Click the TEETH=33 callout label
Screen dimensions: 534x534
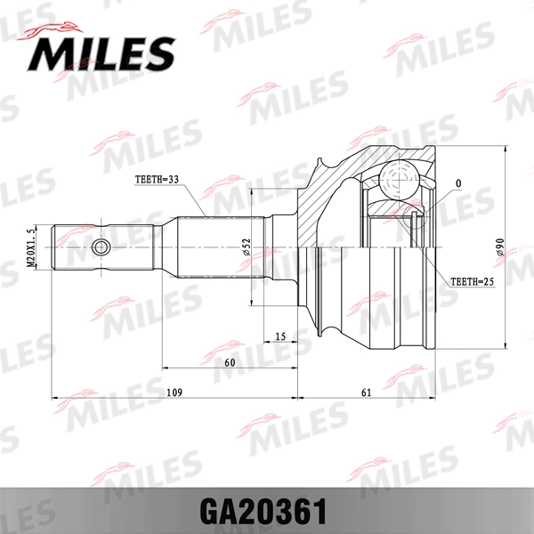pos(157,179)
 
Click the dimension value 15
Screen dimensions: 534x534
pos(280,336)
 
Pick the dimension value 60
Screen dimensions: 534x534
pos(229,363)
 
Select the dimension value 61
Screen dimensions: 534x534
pos(366,392)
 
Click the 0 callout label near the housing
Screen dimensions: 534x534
pos(457,184)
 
